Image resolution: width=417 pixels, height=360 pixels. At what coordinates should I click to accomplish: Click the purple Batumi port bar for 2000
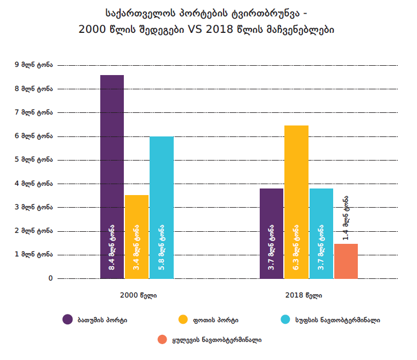[112, 164]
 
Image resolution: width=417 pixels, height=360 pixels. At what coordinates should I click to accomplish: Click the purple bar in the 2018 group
[271, 208]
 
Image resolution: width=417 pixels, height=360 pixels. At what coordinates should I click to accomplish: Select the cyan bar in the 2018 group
[321, 208]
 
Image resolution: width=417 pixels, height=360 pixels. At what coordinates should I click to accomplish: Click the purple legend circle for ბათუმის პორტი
[67, 319]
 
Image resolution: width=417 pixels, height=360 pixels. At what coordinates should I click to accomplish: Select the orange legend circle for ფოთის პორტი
[184, 319]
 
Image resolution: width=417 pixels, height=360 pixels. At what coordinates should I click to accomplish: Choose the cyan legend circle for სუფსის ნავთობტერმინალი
[285, 319]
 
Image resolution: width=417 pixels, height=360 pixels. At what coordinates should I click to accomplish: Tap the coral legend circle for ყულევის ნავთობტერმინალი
[162, 340]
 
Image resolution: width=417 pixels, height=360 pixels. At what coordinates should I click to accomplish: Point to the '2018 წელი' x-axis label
[304, 295]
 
